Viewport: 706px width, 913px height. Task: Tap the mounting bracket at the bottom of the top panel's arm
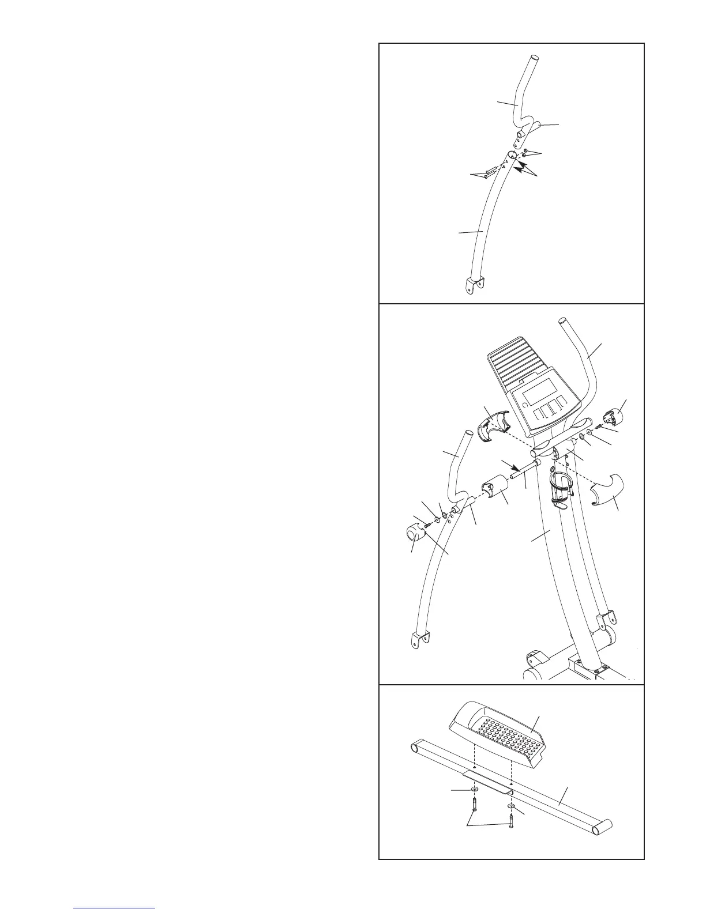474,284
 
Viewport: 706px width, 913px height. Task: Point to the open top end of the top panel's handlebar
534,58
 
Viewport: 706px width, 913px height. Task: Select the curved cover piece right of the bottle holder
606,490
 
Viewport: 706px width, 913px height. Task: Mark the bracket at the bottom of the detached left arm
419,640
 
